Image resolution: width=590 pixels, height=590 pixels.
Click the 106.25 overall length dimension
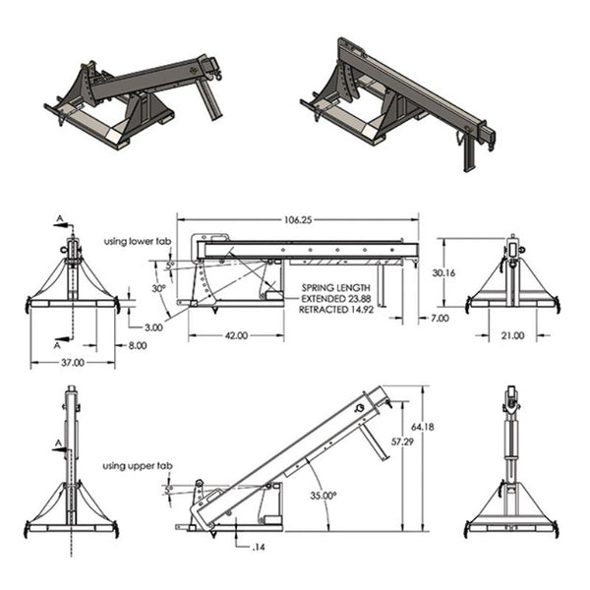tap(299, 221)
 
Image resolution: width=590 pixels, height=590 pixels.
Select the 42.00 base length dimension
tap(236, 336)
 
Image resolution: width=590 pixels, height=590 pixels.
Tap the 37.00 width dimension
tap(72, 363)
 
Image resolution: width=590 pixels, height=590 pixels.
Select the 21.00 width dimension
tap(511, 336)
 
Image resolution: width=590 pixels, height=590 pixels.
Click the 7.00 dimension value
tap(439, 319)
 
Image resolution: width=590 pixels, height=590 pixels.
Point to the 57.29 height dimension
tap(401, 443)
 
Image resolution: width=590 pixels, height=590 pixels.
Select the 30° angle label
tap(157, 289)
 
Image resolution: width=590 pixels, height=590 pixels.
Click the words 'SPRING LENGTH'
tap(336, 288)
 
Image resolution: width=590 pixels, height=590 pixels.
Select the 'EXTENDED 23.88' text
tap(336, 299)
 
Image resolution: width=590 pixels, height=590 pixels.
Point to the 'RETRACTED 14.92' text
tap(336, 309)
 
